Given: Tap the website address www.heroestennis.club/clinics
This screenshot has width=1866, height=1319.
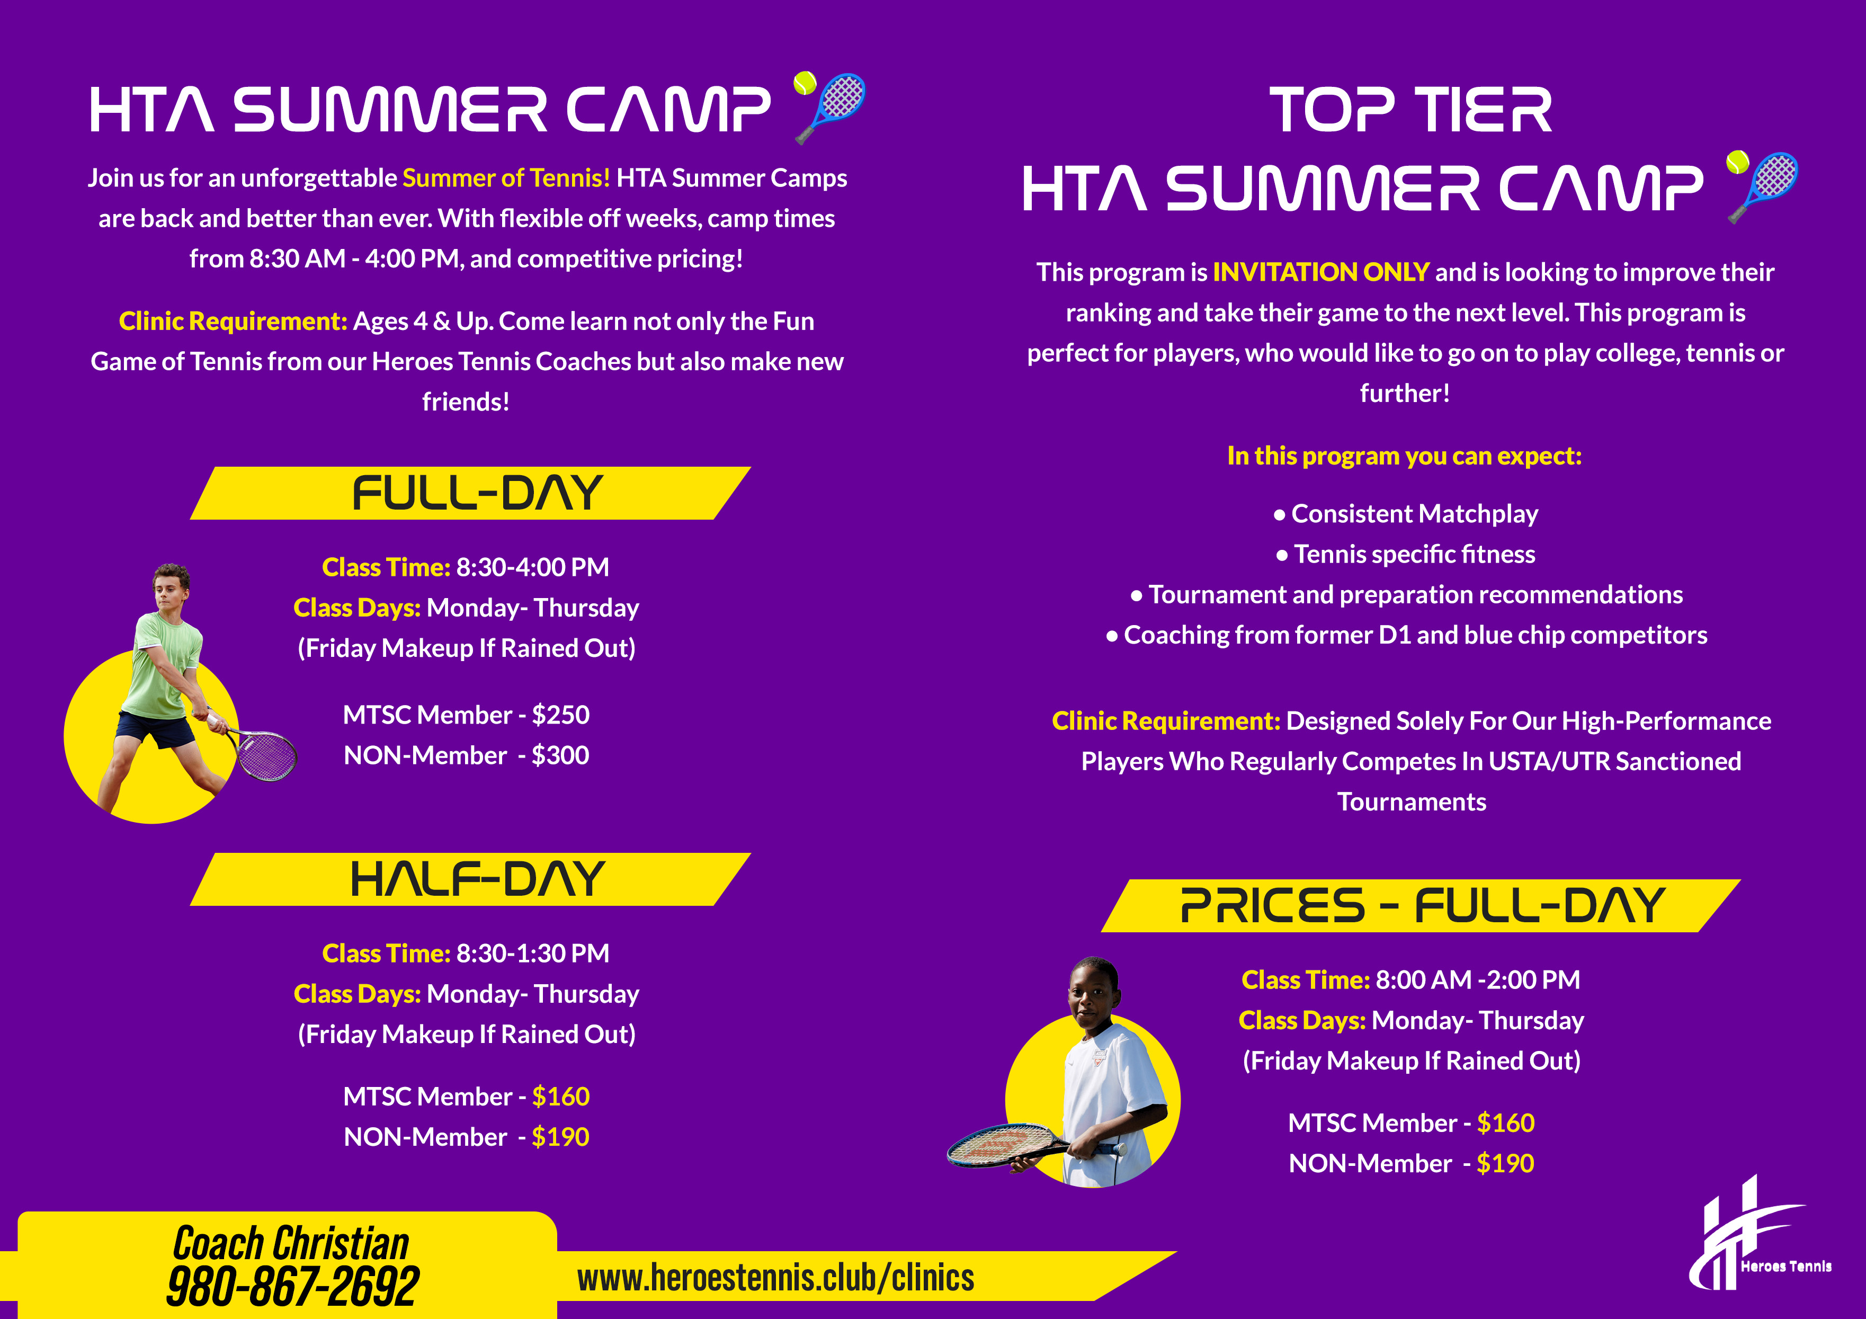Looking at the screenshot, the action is click(775, 1278).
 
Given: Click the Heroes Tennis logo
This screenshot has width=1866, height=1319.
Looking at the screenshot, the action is click(1760, 1234).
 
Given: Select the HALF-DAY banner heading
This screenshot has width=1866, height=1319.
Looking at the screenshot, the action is click(477, 879).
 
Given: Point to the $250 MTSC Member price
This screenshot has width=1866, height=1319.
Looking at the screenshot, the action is click(560, 715).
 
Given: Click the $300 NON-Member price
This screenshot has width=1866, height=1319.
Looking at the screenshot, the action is click(560, 756).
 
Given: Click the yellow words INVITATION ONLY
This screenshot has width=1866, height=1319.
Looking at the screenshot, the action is click(1320, 272).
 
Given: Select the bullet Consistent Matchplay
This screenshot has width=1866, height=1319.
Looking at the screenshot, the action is click(1406, 514).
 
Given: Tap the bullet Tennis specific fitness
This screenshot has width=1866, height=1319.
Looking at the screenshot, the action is click(1406, 554).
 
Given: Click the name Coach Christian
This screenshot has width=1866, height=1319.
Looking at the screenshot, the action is click(291, 1243).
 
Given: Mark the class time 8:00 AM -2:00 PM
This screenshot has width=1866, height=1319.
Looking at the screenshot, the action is click(1478, 980).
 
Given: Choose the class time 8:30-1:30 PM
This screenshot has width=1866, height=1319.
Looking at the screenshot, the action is click(532, 953).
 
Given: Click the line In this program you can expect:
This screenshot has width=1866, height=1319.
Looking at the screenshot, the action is click(1404, 457).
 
